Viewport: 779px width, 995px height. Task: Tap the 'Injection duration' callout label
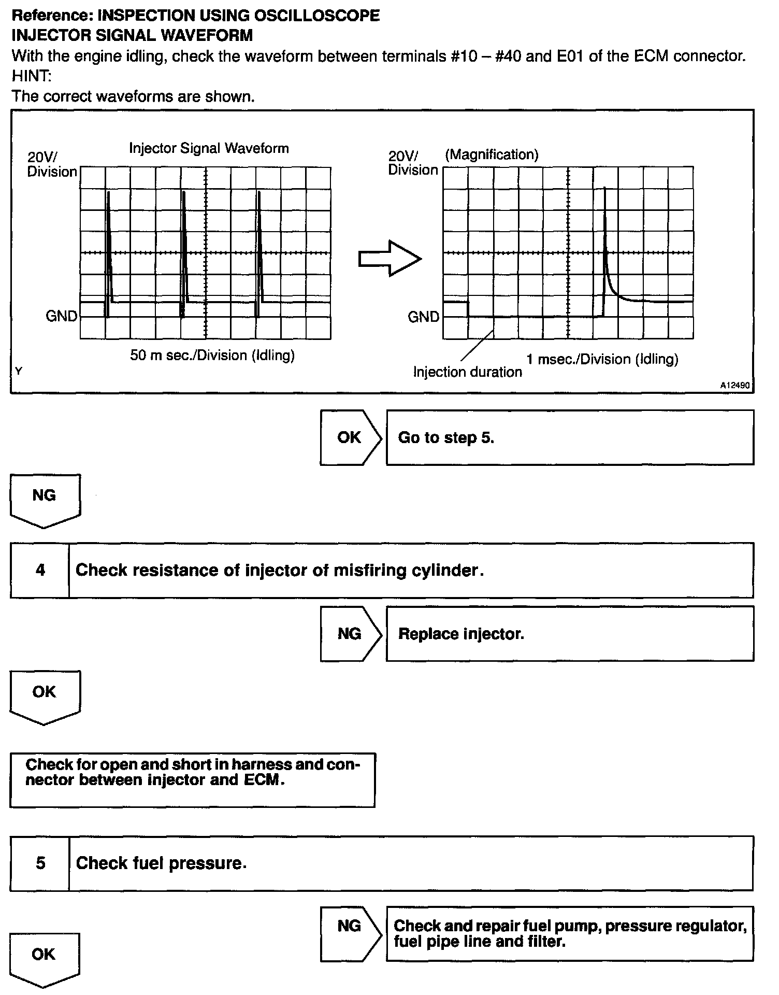pos(467,372)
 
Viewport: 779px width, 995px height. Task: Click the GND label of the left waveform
pos(62,316)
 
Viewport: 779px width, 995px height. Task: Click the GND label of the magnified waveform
pos(423,317)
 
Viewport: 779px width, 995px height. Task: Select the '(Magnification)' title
pos(492,154)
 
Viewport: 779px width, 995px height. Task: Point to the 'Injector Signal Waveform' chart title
pos(209,148)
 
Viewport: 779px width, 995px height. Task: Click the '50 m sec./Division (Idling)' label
pos(212,356)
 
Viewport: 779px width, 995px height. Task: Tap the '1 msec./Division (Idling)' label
pos(602,359)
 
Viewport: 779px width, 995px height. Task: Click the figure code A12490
pos(734,386)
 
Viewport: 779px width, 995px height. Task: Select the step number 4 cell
pos(40,570)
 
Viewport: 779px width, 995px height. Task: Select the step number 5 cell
pos(40,863)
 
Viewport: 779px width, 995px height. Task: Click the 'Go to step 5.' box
pos(570,437)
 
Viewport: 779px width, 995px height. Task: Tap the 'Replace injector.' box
pos(570,634)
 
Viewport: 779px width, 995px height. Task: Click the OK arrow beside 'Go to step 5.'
pos(350,437)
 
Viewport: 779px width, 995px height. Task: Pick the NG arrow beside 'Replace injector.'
pos(350,634)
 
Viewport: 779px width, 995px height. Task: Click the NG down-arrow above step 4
pos(45,499)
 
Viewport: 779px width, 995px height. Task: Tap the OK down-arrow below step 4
pos(45,695)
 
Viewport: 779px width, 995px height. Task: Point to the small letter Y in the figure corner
pos(19,371)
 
